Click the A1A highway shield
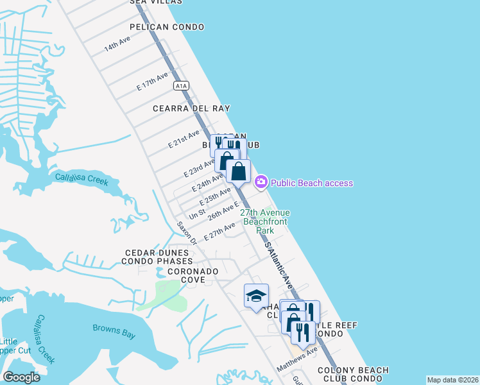(x=180, y=85)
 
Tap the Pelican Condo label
(x=167, y=27)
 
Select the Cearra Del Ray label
(x=191, y=108)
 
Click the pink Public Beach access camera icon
(x=261, y=182)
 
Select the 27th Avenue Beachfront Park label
(x=265, y=221)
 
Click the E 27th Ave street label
(x=219, y=231)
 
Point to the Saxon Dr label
(x=187, y=233)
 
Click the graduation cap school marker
(x=256, y=296)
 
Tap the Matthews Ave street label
(x=297, y=359)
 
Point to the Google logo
(x=21, y=377)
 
